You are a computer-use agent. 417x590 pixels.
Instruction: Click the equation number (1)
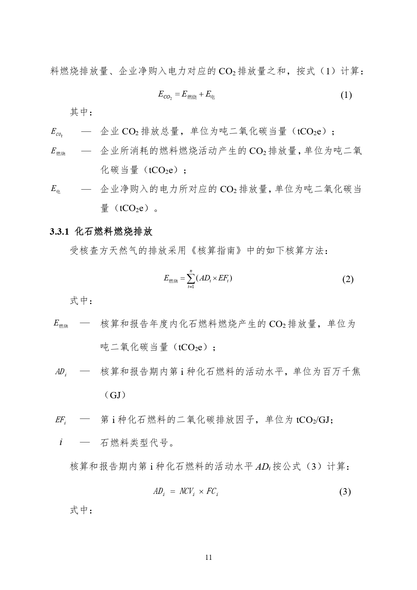click(346, 95)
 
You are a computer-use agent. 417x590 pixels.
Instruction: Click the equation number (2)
click(348, 279)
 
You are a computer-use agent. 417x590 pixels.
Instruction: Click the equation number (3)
click(345, 492)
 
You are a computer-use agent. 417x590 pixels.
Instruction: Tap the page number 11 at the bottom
click(208, 557)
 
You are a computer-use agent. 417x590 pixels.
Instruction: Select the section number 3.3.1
click(59, 232)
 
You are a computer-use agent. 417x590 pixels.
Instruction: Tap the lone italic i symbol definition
click(60, 442)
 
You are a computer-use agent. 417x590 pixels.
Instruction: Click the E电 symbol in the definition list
click(55, 189)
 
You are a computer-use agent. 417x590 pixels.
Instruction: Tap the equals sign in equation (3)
click(172, 492)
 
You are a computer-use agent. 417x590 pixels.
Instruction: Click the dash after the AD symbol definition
click(85, 371)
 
